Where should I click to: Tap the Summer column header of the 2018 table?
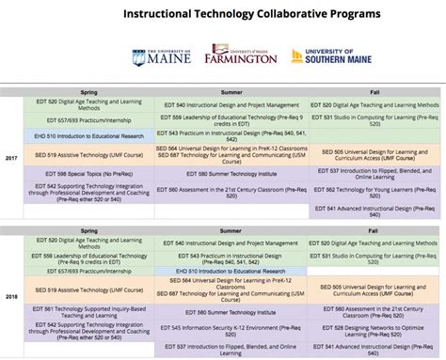click(x=231, y=228)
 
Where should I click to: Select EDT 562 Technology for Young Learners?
click(x=374, y=191)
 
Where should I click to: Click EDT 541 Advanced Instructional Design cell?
click(x=374, y=209)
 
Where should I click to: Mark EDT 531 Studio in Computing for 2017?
click(x=374, y=120)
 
